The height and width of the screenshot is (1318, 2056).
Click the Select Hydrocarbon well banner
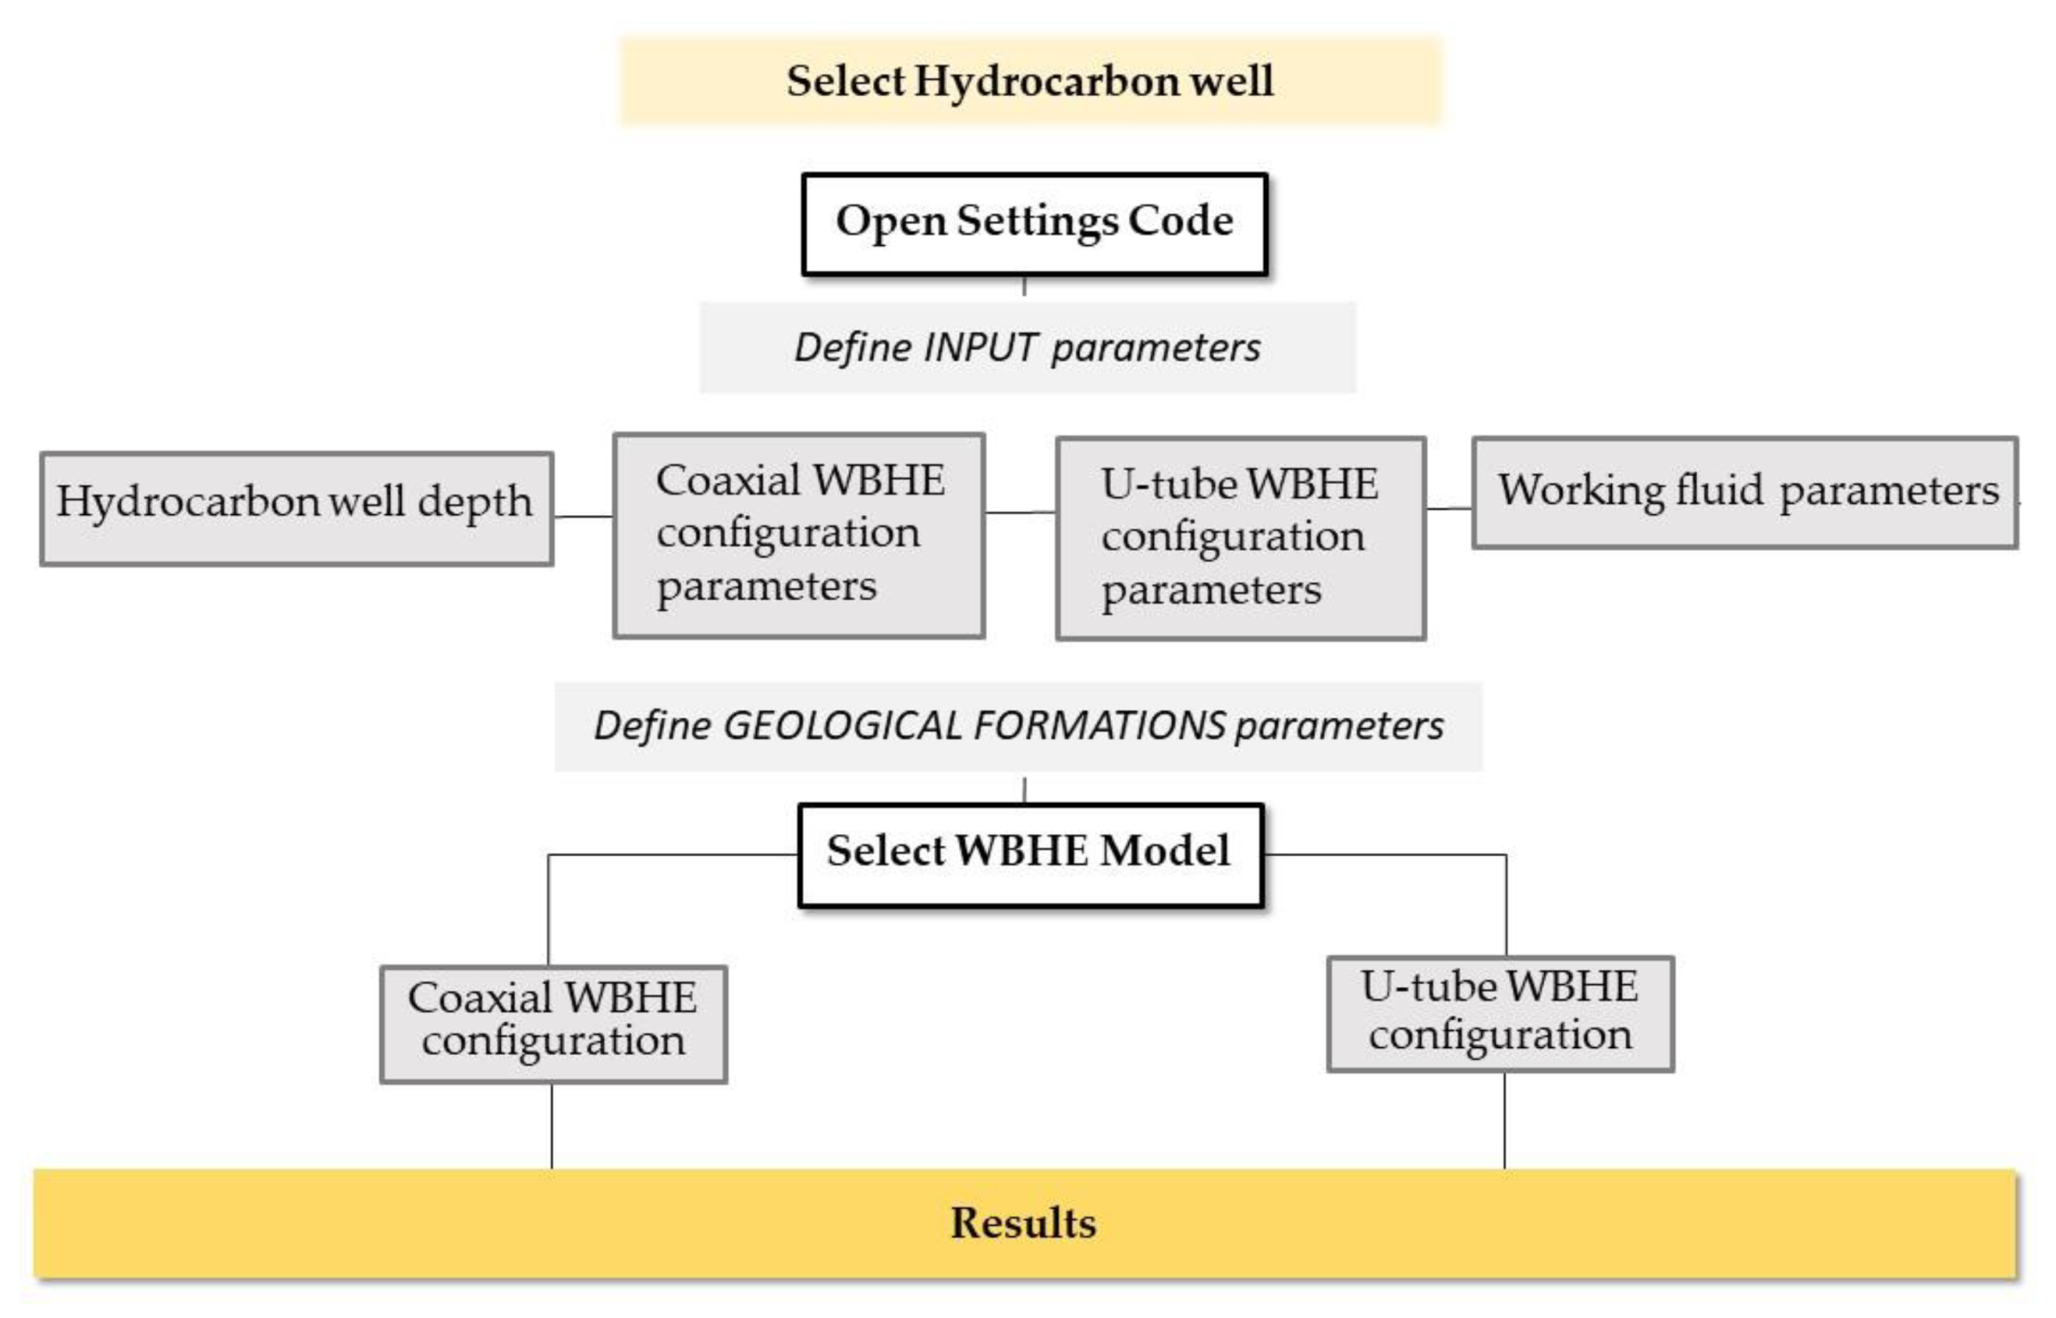pos(1030,81)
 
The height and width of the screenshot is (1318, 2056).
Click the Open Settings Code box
pos(1034,224)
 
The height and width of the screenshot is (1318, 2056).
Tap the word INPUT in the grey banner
pos(980,347)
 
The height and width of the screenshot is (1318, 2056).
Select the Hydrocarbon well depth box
pos(296,508)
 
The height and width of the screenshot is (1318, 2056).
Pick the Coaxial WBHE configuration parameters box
pos(798,536)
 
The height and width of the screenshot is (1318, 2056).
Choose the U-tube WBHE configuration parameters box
pos(1241,538)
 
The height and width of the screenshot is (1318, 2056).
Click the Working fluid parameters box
pos(1744,492)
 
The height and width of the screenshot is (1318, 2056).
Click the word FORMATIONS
pos(1099,726)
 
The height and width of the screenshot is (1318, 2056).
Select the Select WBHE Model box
pos(1029,854)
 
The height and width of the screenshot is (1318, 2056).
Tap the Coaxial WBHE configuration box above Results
pos(552,1023)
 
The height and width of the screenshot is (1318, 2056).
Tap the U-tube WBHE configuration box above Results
pos(1500,1013)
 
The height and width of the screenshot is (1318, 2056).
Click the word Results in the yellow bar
pos(1023,1223)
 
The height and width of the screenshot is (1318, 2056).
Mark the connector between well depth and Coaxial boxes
pos(583,516)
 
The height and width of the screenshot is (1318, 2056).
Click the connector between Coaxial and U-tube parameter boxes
pos(1020,512)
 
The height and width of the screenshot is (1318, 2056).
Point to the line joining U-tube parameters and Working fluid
pos(1449,509)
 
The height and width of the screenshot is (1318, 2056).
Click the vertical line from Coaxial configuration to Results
pos(552,1126)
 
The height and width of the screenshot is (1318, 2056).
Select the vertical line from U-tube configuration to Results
pos(1504,1121)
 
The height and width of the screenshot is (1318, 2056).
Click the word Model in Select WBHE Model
pos(1164,851)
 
